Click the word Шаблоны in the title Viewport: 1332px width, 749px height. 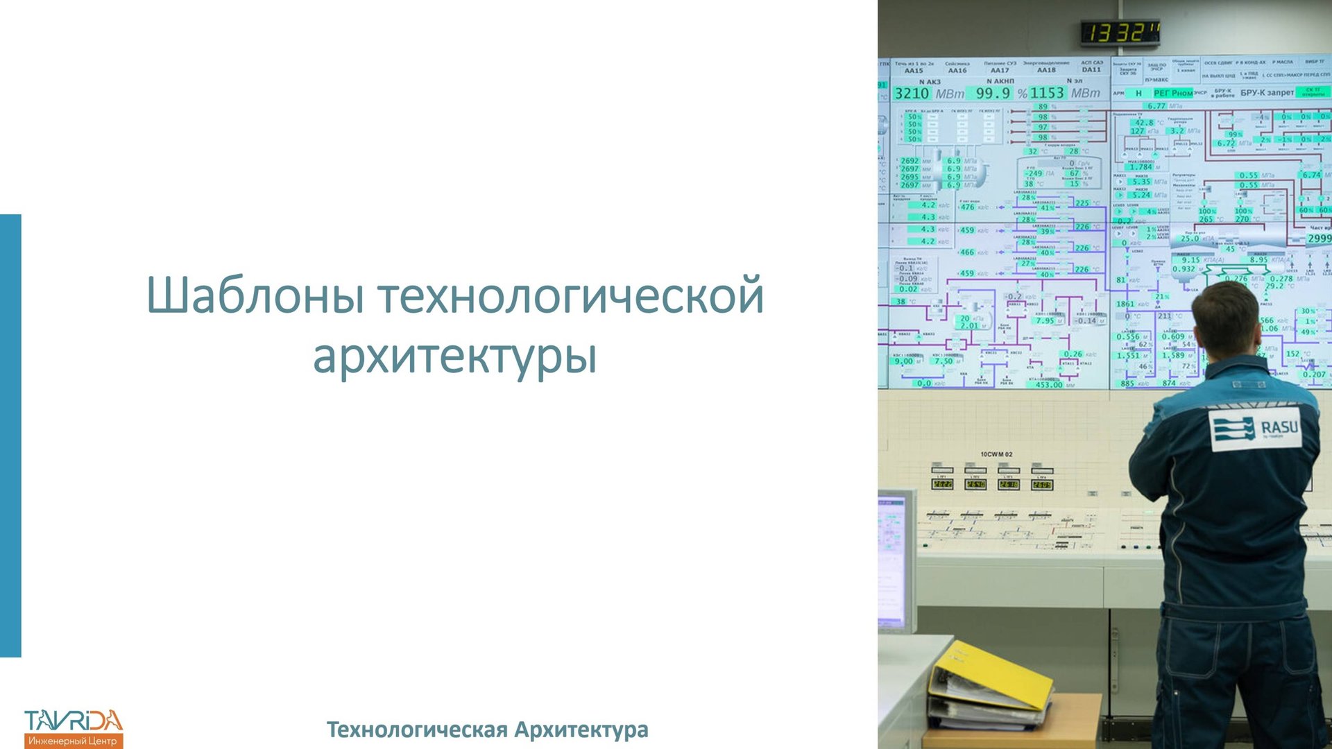click(x=255, y=296)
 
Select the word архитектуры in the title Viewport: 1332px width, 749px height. click(x=454, y=356)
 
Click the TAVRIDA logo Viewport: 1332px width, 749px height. click(x=74, y=728)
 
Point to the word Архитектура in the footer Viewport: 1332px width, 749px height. click(x=581, y=730)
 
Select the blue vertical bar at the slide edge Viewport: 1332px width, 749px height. click(x=10, y=436)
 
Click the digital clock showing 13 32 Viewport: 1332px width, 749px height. click(x=1120, y=33)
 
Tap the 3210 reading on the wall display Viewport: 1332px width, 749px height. click(x=912, y=94)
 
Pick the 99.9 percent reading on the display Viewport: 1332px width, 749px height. click(x=993, y=93)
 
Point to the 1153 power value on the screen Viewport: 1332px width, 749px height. click(x=1047, y=93)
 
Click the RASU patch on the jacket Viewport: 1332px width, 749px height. click(x=1256, y=428)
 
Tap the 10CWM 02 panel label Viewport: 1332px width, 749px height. click(x=996, y=454)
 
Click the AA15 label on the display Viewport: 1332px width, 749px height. click(x=914, y=71)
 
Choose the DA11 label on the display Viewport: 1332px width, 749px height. click(x=1091, y=69)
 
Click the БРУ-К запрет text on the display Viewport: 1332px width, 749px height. click(x=1267, y=93)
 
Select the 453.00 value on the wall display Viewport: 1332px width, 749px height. click(x=1048, y=384)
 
